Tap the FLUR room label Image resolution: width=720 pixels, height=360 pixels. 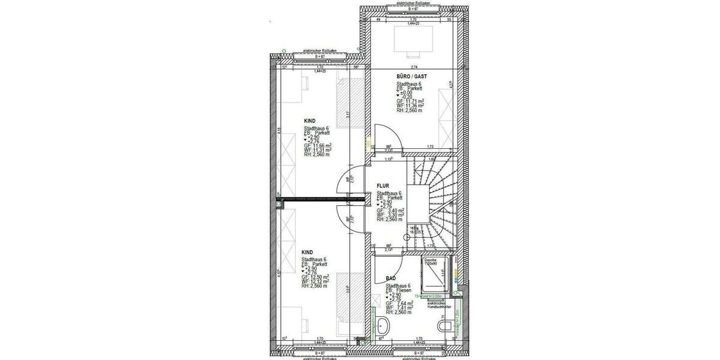pos(384,187)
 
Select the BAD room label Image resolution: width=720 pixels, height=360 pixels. pos(391,278)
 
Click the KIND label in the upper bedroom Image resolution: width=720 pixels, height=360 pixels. pos(310,121)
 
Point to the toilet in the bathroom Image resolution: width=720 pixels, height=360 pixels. pos(445,326)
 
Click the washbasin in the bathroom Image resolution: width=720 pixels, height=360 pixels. pos(384,327)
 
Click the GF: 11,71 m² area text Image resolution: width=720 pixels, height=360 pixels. pos(410,101)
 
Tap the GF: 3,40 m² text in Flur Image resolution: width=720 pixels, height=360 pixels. pos(389,211)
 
